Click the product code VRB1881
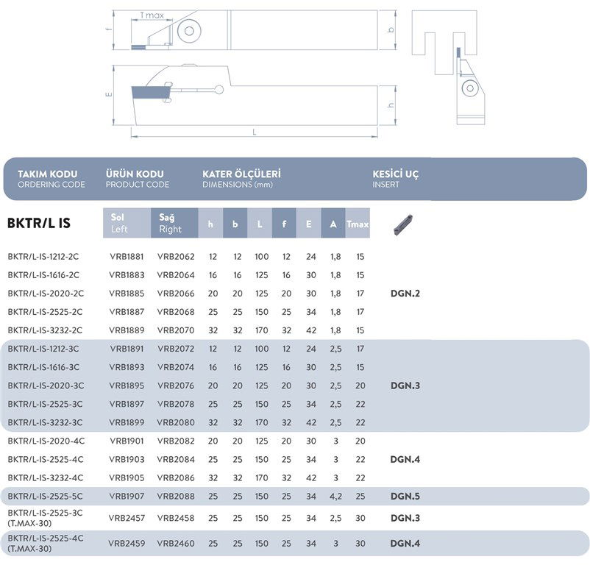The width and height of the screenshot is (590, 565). [126, 257]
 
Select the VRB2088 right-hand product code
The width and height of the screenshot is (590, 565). [176, 496]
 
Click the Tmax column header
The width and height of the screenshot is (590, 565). [358, 224]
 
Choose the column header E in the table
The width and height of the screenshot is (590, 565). [308, 224]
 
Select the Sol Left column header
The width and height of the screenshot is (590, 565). [127, 223]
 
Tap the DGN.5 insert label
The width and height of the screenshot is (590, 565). [406, 496]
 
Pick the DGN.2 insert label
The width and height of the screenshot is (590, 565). [406, 294]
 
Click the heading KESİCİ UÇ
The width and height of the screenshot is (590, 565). [396, 174]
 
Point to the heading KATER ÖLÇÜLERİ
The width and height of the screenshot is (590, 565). [241, 174]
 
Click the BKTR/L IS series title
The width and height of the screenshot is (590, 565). [38, 223]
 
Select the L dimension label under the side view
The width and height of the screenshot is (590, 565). [254, 132]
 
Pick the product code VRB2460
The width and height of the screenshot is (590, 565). [176, 544]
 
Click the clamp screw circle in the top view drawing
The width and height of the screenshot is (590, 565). [191, 32]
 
